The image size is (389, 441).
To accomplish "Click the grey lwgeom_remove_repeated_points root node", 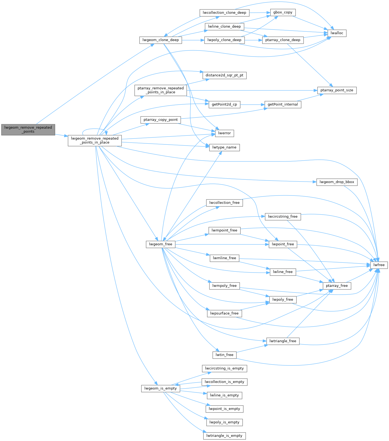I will pos(28,129).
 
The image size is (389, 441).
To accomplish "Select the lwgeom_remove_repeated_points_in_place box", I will pos(95,140).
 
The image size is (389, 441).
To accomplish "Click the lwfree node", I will pos(379,265).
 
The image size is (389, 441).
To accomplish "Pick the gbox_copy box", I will pos(283,12).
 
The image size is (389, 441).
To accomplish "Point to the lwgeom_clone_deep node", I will pos(161,40).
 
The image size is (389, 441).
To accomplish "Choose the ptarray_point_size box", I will pos(337,90).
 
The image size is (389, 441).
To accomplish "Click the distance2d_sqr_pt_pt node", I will pos(224,75).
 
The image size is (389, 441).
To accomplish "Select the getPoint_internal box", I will pos(283,104).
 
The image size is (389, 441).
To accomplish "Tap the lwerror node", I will pos(224,133).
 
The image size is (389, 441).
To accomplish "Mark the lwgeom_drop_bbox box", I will pos(337,182).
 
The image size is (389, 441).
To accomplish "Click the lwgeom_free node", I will pos(161,244).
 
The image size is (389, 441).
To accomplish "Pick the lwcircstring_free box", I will pos(283,217).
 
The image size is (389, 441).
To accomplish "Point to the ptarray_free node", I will pos(337,286).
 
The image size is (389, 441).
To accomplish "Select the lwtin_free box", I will pos(224,355).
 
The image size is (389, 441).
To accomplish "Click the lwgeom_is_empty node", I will pos(161,388).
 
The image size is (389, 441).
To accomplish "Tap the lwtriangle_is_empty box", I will pos(224,436).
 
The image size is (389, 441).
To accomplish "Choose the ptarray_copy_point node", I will pos(161,120).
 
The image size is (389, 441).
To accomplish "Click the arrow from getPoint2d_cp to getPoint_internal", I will pos(252,104).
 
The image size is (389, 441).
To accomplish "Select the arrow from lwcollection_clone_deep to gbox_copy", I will pos(260,13).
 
